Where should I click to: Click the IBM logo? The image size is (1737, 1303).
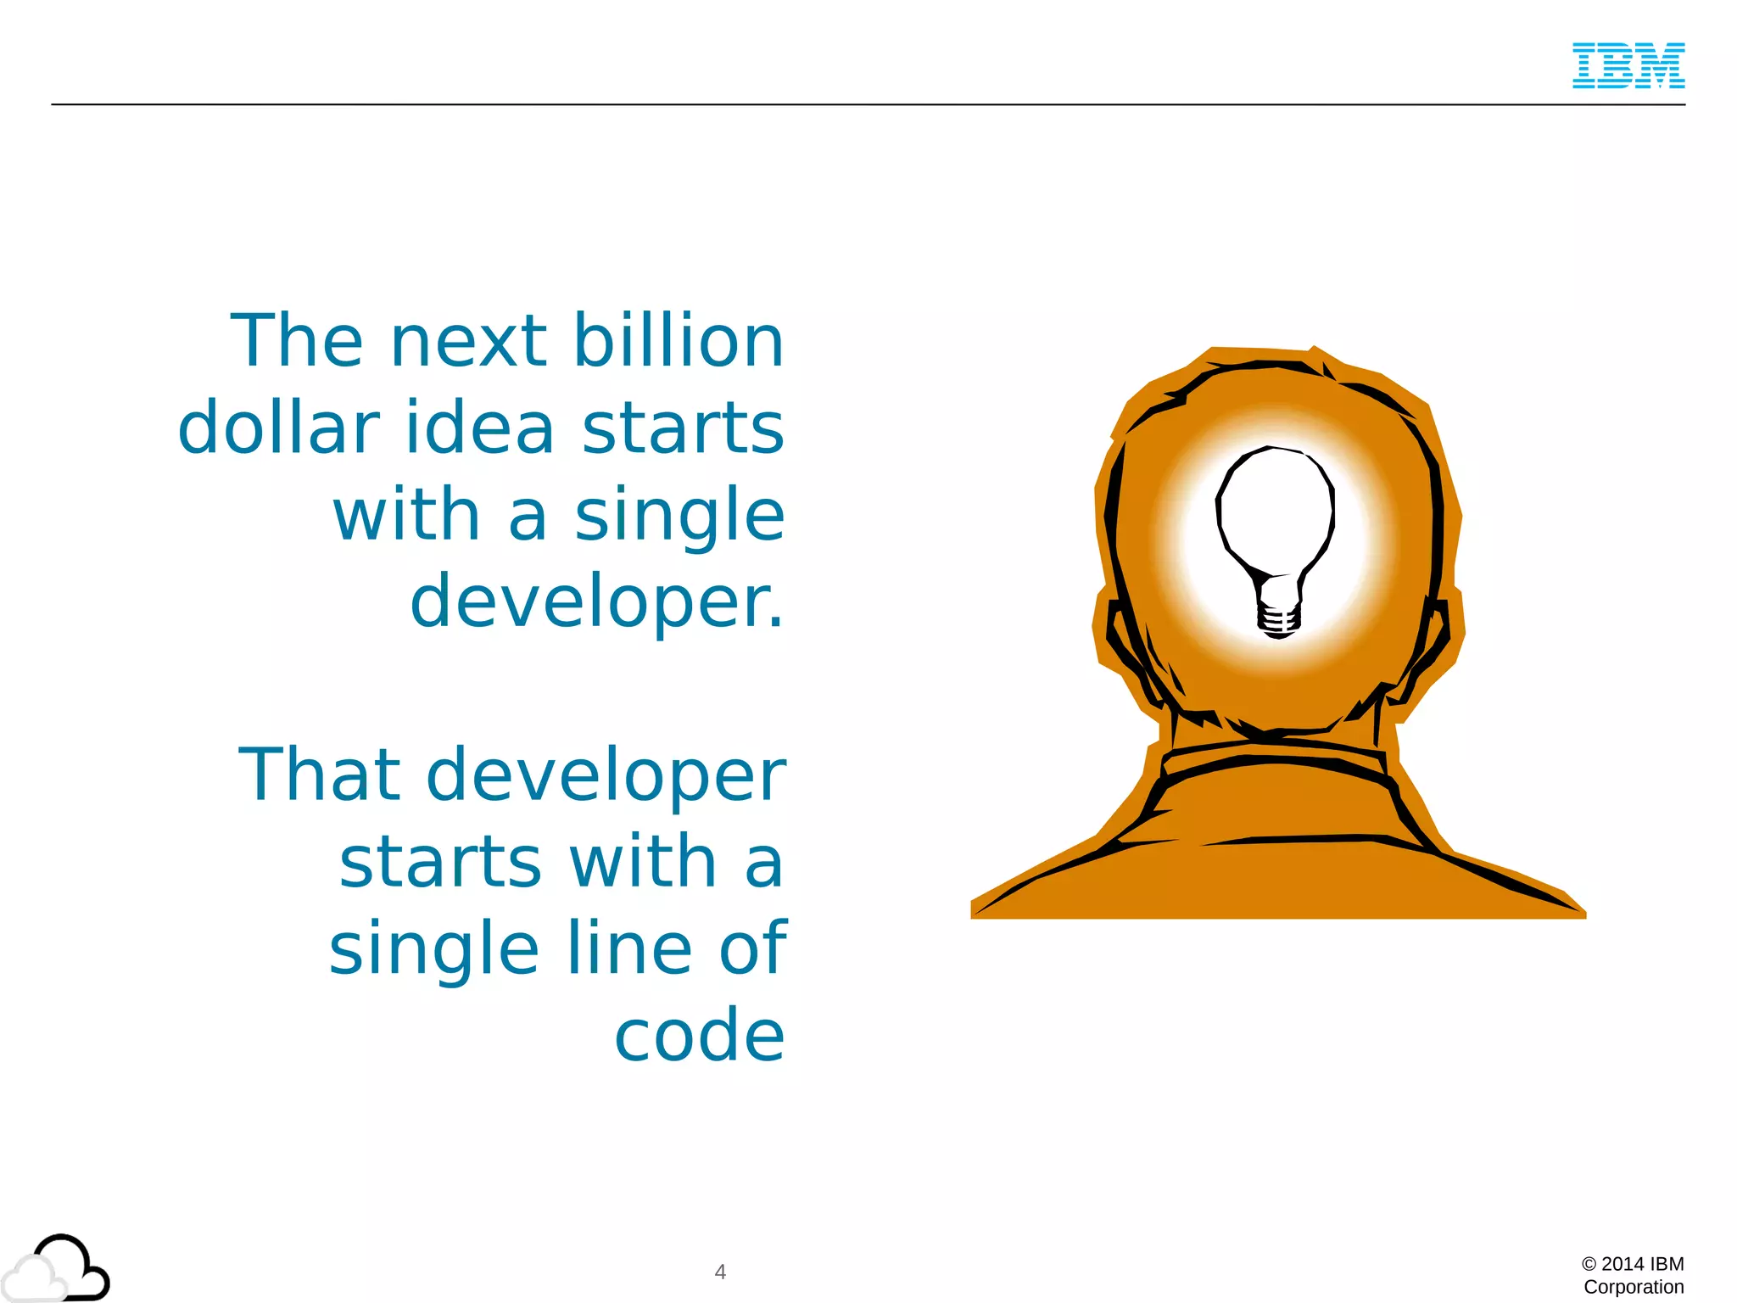(1628, 65)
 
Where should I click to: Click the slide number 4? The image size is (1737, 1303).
(720, 1272)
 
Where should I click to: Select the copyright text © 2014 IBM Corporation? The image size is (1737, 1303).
(1633, 1275)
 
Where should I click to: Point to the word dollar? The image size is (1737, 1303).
(278, 428)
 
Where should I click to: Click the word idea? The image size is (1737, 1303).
(479, 428)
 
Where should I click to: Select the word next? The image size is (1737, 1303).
(468, 342)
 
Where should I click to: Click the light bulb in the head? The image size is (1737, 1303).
(1275, 517)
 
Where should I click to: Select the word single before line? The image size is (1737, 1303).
(433, 950)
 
